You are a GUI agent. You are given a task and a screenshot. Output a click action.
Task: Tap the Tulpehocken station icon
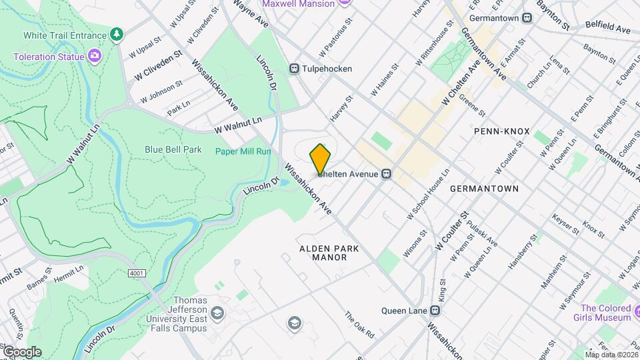293,69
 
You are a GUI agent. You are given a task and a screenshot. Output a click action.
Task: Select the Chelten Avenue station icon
385,174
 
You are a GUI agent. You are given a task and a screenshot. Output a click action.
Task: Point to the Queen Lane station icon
435,310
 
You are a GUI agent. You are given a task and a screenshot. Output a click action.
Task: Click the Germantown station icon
527,18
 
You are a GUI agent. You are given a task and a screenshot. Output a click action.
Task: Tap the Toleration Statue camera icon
95,56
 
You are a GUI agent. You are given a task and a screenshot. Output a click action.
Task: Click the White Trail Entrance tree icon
117,34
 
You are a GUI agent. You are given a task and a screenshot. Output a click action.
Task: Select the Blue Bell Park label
173,150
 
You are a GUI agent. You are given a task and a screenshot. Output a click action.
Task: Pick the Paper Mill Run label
243,151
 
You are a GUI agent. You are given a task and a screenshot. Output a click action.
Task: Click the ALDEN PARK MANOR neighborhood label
329,253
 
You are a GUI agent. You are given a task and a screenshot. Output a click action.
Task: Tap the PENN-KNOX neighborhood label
501,131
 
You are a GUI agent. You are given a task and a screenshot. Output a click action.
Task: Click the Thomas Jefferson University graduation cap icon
217,312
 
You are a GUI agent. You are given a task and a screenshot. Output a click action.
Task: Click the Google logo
21,351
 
